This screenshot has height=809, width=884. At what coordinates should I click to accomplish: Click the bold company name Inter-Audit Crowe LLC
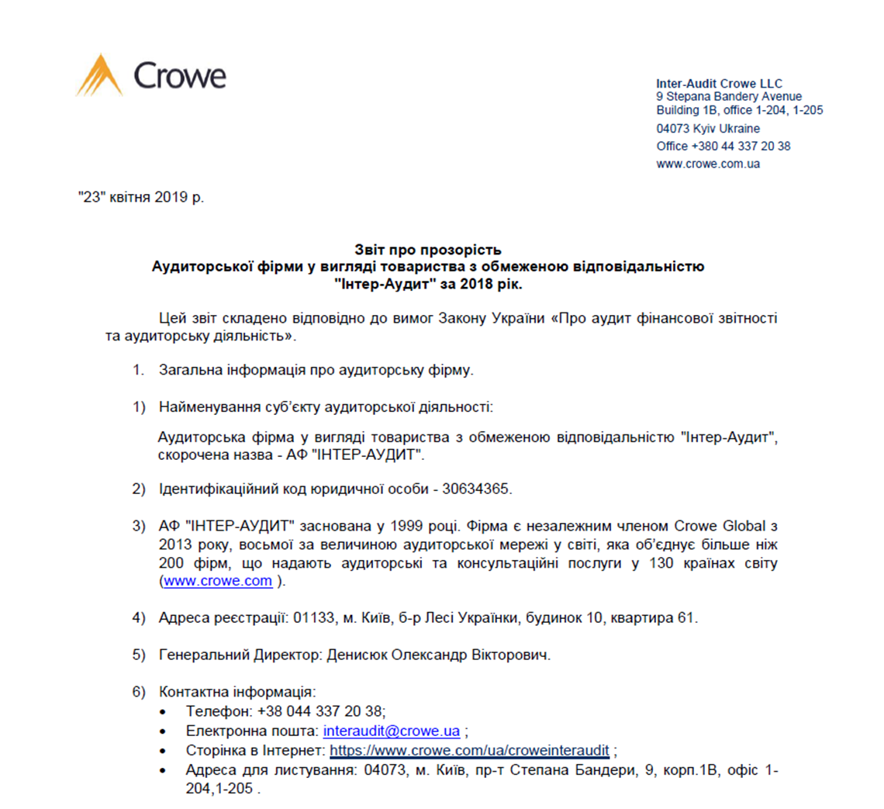(x=719, y=84)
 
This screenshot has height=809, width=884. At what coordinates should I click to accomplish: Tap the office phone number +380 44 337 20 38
(x=741, y=146)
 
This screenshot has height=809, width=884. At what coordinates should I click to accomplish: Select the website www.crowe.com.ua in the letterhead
(x=707, y=164)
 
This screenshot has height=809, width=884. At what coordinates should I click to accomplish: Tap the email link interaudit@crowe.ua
(x=392, y=731)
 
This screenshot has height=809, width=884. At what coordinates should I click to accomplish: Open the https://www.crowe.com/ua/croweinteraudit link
(x=469, y=751)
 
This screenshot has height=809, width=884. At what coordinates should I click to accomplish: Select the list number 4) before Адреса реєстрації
(x=139, y=619)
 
